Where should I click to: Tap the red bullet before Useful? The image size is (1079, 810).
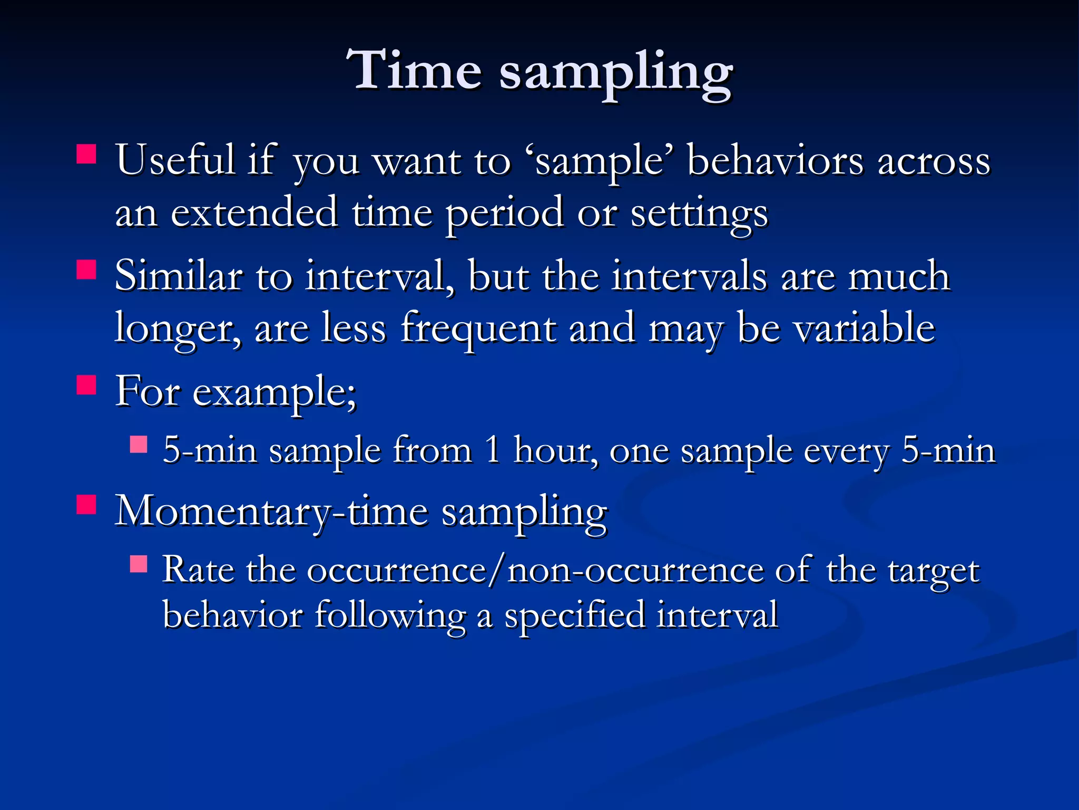pos(86,155)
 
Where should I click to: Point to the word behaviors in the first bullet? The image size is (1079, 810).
pos(775,160)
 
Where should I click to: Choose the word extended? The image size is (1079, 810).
pos(254,212)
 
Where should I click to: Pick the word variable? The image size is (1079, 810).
pos(864,328)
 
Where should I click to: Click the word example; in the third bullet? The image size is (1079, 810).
pos(274,393)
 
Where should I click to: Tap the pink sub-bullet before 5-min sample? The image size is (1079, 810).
pos(139,444)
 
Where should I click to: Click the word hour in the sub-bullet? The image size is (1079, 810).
pos(555,451)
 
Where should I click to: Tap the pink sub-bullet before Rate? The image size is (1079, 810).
pos(139,564)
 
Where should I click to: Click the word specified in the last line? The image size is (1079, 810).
pos(574,616)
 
